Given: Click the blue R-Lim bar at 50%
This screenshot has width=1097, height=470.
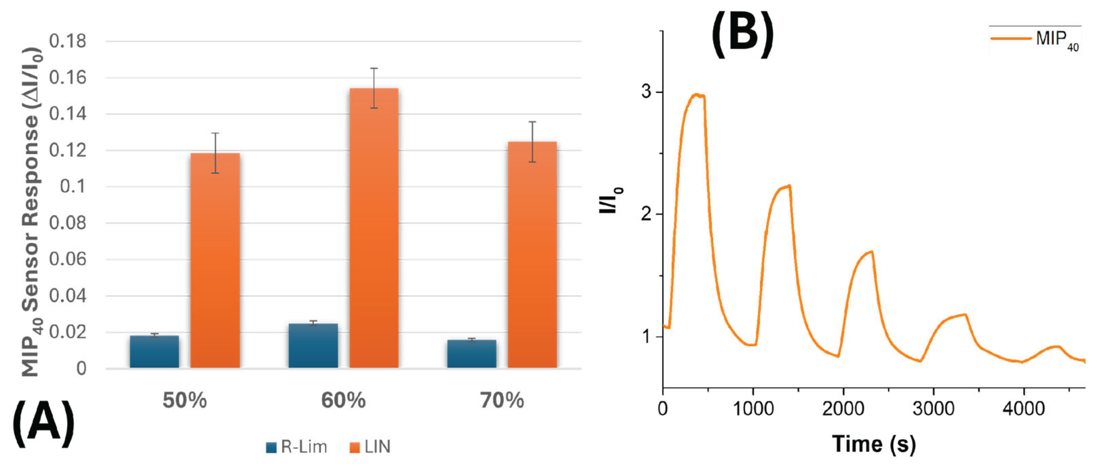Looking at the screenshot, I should (154, 352).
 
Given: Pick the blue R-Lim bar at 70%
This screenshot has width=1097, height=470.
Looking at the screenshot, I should (471, 354).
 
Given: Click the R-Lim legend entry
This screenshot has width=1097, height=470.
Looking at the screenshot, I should (297, 447).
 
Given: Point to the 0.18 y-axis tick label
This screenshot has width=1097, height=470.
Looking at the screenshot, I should (67, 41).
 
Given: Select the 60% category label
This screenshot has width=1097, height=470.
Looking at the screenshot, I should (343, 401).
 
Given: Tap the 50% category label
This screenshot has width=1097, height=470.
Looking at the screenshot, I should (184, 401).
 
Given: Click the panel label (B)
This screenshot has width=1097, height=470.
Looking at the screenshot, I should (742, 35).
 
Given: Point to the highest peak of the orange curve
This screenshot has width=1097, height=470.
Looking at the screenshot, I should (697, 94).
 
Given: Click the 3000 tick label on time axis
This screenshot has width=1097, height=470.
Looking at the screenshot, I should (933, 409).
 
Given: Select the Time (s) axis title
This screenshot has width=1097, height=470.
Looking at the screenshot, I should (873, 444).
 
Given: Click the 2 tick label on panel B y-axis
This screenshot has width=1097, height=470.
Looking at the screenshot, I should (647, 214).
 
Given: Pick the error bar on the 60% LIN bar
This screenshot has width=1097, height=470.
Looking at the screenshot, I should (374, 88).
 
